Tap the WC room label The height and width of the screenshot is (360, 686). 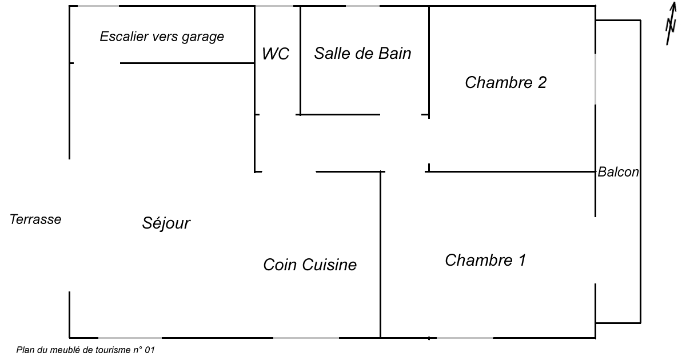276,54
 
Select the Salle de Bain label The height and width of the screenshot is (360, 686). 362,54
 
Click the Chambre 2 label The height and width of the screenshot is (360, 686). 505,83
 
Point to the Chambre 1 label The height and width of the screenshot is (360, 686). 485,261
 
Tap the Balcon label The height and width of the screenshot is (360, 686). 618,172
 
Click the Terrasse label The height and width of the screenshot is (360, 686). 35,219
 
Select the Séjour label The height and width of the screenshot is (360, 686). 166,223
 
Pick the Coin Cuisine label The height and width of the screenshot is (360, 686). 309,265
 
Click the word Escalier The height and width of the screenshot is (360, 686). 120,37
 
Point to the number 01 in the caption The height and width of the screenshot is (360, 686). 149,350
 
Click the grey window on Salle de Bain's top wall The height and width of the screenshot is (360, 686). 362,6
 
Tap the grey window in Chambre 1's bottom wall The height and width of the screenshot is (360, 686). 465,338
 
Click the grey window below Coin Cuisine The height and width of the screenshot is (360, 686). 306,338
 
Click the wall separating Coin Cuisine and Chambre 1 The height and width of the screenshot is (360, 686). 381,254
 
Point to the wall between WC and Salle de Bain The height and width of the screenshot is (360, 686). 301,60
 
